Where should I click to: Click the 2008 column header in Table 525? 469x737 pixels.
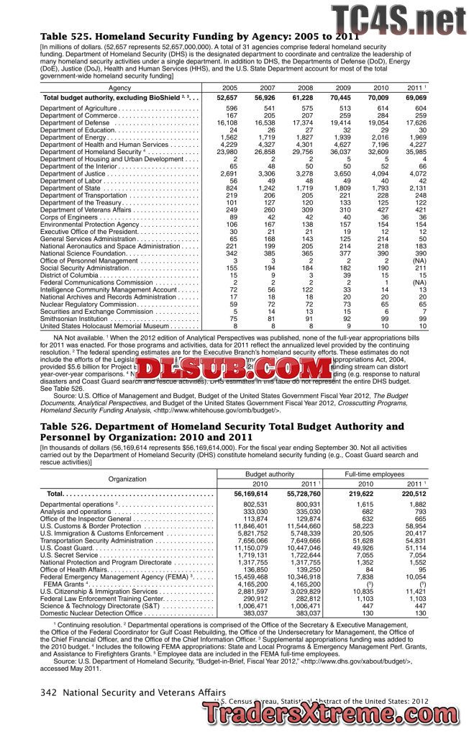[x=303, y=88]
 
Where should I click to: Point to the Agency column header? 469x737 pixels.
[x=119, y=88]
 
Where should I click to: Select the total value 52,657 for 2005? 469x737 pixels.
[x=227, y=97]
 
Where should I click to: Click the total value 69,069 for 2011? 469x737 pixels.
[x=416, y=97]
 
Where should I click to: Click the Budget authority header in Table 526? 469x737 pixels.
[x=269, y=475]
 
